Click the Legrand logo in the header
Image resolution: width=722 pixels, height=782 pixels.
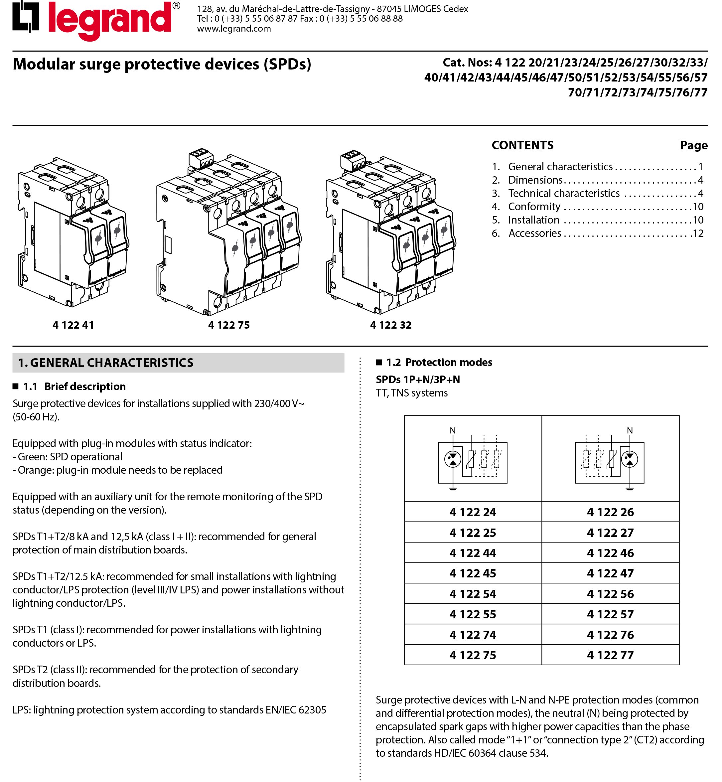[96, 20]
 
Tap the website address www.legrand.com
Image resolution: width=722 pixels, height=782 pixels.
[234, 29]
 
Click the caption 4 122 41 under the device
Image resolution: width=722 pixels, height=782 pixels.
[73, 325]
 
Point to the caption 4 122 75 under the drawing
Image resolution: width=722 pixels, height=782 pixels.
[228, 325]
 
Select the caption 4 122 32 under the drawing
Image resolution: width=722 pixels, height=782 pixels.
[391, 325]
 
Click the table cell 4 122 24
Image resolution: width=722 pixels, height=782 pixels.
[473, 512]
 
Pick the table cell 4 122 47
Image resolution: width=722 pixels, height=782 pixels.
[610, 573]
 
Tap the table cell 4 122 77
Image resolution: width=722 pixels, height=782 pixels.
[610, 655]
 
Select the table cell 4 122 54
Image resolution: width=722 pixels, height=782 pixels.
[473, 594]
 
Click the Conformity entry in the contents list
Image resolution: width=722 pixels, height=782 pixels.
[534, 206]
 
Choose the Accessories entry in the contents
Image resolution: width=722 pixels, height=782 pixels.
[534, 233]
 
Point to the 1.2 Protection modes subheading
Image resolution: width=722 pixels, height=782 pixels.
[439, 362]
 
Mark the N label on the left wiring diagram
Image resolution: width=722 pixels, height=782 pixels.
[453, 430]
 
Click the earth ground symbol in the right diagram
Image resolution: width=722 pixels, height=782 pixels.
[630, 489]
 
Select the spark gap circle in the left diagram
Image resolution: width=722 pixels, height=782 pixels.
[453, 459]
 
